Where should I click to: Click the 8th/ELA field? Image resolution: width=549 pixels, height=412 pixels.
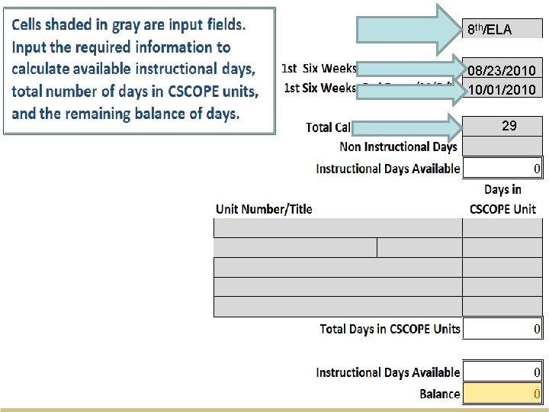pos(502,29)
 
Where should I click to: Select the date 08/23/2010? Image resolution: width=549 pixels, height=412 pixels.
pos(502,70)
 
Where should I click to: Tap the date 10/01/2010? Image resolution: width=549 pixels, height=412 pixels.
pos(502,89)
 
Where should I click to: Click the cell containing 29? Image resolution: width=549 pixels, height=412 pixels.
pos(502,126)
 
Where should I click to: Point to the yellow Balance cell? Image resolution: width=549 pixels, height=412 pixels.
pos(502,394)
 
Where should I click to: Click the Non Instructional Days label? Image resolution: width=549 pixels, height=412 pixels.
pos(399,146)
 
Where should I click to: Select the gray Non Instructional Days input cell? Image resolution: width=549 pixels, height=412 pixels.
pos(502,146)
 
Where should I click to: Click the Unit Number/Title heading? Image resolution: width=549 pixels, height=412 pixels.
pos(264,208)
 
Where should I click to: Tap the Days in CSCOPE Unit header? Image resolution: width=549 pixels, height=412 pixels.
pos(502,199)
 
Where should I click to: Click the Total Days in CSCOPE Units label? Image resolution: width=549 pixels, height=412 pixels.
pos(390,329)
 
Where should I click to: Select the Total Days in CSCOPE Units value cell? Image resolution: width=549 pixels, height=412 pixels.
pos(502,329)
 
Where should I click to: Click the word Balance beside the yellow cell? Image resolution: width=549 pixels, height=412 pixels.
pos(440,394)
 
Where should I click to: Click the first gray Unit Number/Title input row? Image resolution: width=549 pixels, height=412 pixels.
pos(338,228)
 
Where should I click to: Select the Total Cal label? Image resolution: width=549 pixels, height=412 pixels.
pos(328,127)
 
